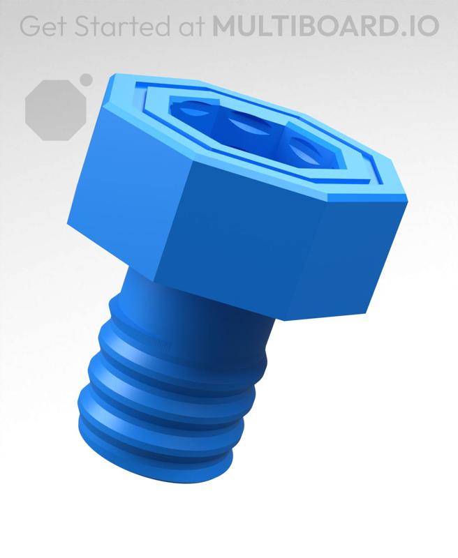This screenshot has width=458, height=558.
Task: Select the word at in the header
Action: coord(189,26)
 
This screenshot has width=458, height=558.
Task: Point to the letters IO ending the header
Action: coord(423,26)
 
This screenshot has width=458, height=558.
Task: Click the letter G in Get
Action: coord(30,26)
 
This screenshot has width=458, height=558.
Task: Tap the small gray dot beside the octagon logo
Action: coord(86,80)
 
